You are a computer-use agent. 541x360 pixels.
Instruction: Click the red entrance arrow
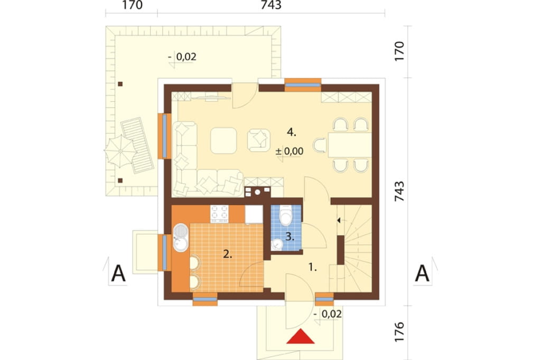coord(301,337)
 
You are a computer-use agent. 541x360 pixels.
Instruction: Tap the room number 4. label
coord(292,132)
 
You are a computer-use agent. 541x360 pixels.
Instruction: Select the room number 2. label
coord(227,254)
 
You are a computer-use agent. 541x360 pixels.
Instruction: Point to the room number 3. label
coord(290,236)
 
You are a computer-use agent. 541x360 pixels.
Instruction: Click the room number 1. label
coord(313,267)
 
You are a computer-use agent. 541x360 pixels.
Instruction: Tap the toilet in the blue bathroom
coord(286,215)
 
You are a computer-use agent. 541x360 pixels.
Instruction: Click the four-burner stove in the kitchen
coord(219,213)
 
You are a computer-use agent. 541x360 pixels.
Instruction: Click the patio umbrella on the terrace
coord(120,151)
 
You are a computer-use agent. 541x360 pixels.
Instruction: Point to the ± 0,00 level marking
coord(290,151)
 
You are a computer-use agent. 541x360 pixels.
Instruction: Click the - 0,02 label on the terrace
coord(182,56)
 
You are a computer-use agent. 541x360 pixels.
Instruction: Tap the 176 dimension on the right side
coord(399,331)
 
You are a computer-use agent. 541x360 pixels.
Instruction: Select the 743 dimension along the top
coord(271,5)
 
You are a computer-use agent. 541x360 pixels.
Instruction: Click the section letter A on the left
coord(118,274)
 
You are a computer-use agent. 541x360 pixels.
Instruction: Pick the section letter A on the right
coord(422,274)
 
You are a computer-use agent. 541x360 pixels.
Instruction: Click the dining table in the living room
coord(350,145)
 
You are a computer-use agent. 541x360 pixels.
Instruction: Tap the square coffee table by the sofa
coord(223,140)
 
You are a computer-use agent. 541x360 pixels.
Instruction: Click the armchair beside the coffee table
coord(259,140)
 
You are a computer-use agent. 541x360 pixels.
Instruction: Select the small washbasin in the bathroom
coord(277,244)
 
